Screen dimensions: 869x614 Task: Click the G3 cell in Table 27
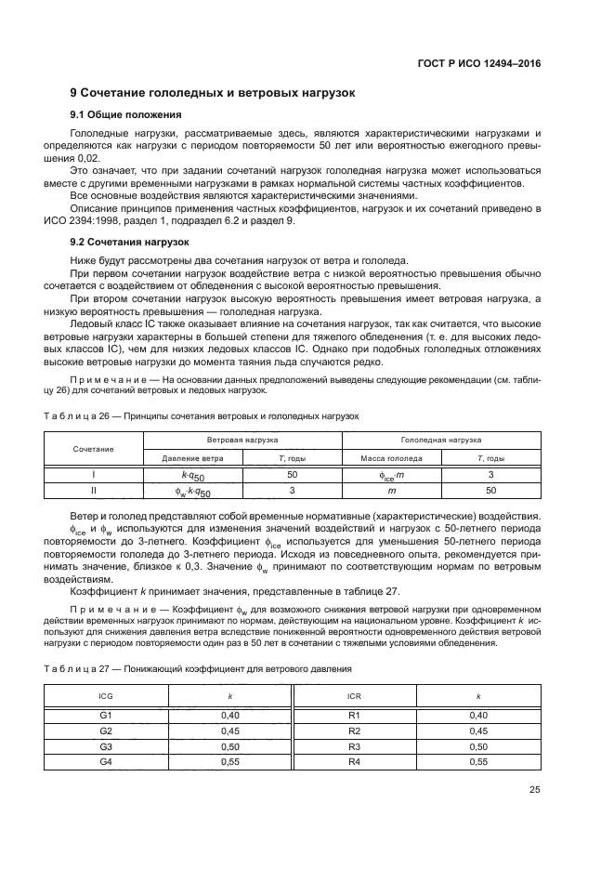click(105, 746)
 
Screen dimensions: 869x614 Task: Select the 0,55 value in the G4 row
click(229, 761)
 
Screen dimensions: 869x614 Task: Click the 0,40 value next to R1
click(478, 715)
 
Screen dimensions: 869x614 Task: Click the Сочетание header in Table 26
click(93, 448)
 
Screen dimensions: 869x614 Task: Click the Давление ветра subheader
click(192, 458)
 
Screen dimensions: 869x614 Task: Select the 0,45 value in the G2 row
click(229, 731)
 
